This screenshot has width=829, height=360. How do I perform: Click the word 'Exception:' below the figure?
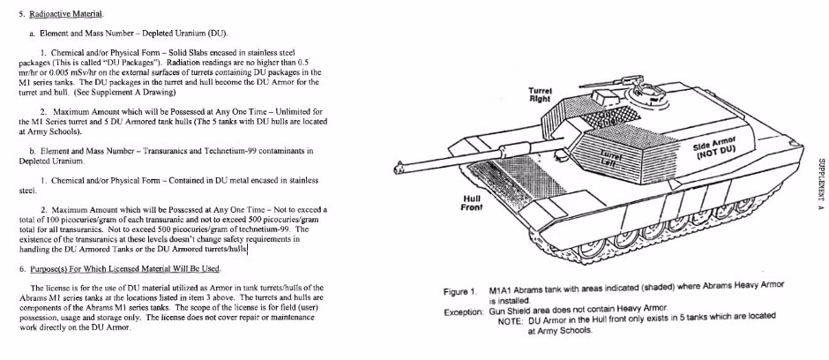(463, 311)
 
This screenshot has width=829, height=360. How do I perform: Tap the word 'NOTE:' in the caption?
(512, 321)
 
